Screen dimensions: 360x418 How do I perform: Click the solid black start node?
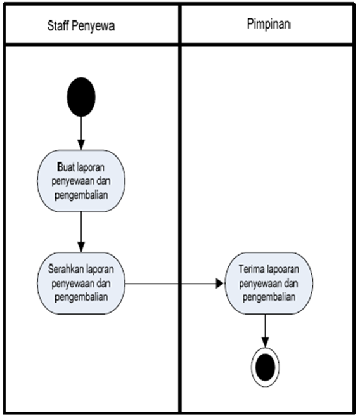point(81,97)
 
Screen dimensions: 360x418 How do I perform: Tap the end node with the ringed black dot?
point(265,367)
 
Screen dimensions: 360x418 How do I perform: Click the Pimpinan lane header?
point(268,25)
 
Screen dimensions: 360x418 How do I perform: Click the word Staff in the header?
point(58,26)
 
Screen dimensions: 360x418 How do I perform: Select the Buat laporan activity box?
point(81,181)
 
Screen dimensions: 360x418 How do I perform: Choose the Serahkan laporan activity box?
point(81,283)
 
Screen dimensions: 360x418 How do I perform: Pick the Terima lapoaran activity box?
point(269,283)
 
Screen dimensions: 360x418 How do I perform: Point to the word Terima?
point(251,269)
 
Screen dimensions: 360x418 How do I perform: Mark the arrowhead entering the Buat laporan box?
point(81,144)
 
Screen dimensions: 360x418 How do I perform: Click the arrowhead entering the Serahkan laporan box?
point(81,247)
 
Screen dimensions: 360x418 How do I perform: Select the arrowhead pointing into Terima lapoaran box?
point(219,284)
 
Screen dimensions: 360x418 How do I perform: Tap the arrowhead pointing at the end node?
point(265,343)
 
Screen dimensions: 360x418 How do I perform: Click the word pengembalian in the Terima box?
point(269,297)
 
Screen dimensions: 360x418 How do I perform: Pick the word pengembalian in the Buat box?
point(81,195)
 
